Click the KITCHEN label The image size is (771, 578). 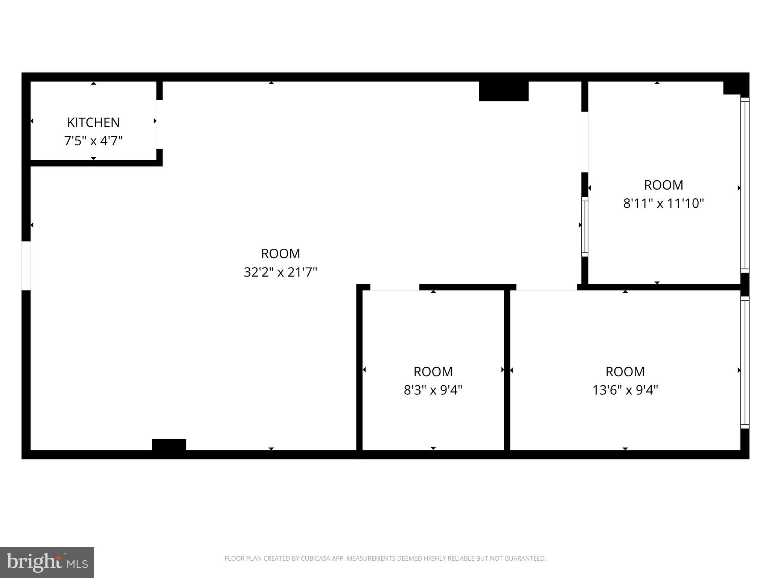[x=93, y=122]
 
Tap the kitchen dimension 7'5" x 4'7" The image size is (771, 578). [x=93, y=141]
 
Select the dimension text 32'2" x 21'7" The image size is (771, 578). [x=280, y=272]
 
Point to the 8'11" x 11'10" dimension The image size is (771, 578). [x=663, y=204]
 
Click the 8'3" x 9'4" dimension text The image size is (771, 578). [x=433, y=390]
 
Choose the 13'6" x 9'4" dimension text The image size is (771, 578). [x=625, y=390]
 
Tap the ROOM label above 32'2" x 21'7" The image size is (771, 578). [x=280, y=254]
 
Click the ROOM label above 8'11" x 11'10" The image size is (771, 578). [x=663, y=185]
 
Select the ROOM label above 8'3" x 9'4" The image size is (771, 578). [x=433, y=372]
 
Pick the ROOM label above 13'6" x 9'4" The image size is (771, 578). [x=625, y=372]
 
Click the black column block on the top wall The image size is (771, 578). [x=503, y=91]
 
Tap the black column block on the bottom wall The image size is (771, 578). [x=169, y=444]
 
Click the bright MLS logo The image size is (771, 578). [x=47, y=562]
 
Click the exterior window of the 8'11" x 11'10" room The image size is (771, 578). [x=745, y=185]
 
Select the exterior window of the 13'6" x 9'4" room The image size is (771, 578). [x=745, y=362]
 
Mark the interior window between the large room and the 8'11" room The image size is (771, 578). [x=585, y=227]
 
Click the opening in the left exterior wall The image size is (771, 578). [x=26, y=266]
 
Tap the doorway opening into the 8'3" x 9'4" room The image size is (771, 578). [x=395, y=287]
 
